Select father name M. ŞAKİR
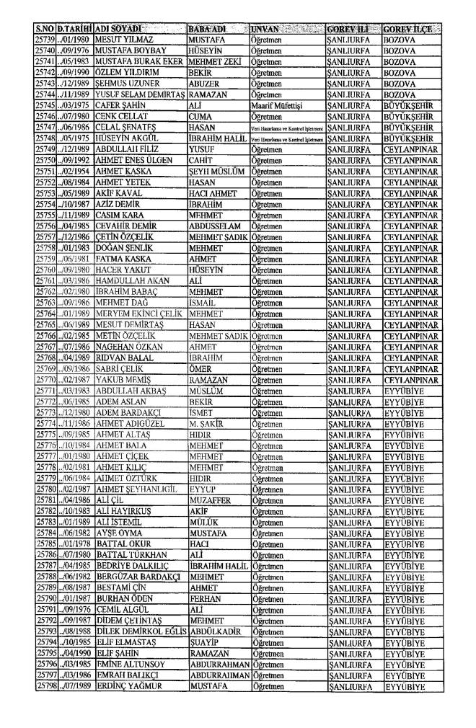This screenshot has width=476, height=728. tap(207, 417)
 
